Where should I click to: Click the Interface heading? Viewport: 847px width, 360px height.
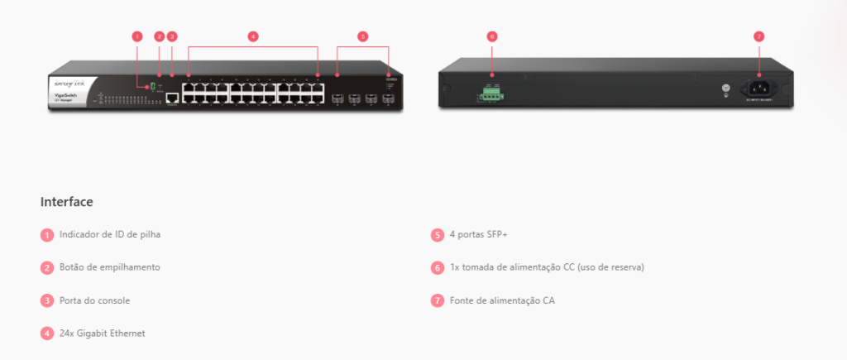pyautogui.click(x=66, y=202)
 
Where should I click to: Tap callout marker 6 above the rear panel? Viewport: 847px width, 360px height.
pyautogui.click(x=491, y=36)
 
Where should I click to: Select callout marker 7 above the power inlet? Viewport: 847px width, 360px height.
pyautogui.click(x=758, y=36)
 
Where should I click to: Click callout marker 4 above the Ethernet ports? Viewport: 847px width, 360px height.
pyautogui.click(x=253, y=36)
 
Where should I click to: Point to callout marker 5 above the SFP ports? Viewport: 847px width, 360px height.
pyautogui.click(x=362, y=36)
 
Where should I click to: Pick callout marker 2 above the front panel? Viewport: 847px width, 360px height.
pyautogui.click(x=160, y=36)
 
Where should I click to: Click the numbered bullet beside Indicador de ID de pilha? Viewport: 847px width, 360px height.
pyautogui.click(x=47, y=234)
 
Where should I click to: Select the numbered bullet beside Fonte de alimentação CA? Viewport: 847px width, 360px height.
pyautogui.click(x=438, y=300)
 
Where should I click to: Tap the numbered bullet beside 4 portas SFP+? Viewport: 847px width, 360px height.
pyautogui.click(x=438, y=234)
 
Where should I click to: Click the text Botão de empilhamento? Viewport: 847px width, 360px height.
pyautogui.click(x=109, y=267)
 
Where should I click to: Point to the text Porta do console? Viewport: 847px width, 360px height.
pyautogui.click(x=94, y=300)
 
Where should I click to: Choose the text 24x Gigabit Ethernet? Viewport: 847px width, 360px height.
pyautogui.click(x=102, y=333)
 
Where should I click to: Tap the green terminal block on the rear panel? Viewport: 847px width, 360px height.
pyautogui.click(x=490, y=94)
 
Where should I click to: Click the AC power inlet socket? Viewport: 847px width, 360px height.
pyautogui.click(x=758, y=86)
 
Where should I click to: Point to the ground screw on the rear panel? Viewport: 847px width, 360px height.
pyautogui.click(x=725, y=87)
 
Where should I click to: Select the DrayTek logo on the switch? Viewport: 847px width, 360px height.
pyautogui.click(x=69, y=84)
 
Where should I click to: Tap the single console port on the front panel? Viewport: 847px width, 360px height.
pyautogui.click(x=172, y=98)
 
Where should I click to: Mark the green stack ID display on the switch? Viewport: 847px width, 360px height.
pyautogui.click(x=154, y=86)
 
